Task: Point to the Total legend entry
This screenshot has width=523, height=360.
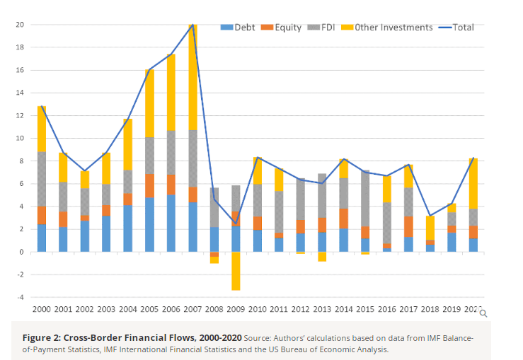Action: pyautogui.click(x=459, y=28)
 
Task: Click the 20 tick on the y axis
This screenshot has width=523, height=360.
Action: pyautogui.click(x=20, y=25)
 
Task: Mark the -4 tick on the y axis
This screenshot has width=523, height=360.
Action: pyautogui.click(x=20, y=297)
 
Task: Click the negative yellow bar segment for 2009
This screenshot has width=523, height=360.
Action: pyautogui.click(x=236, y=271)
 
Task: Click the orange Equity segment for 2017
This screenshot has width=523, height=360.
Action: pyautogui.click(x=408, y=226)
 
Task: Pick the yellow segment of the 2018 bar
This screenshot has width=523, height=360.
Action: pyautogui.click(x=430, y=228)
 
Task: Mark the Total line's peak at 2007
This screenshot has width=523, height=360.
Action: pyautogui.click(x=192, y=25)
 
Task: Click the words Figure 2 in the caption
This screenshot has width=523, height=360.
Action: pyautogui.click(x=41, y=338)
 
